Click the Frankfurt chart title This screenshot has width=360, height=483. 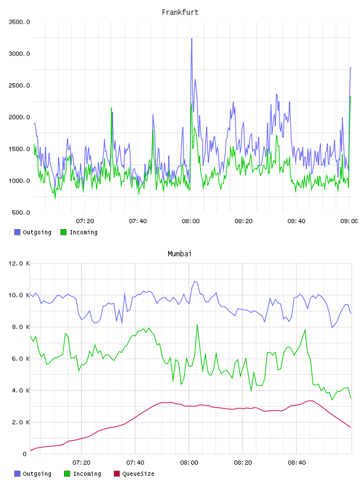tap(180, 12)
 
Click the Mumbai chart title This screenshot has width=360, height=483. tap(179, 254)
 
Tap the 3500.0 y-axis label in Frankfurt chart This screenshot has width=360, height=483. tap(19, 22)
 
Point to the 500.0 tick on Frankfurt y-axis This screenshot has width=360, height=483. tap(21, 212)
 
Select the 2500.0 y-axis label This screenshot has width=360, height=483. tap(19, 85)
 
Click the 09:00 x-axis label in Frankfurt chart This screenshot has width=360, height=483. tap(349, 221)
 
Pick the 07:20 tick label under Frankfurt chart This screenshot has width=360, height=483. tap(85, 221)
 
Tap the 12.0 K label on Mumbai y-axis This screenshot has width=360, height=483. tap(19, 263)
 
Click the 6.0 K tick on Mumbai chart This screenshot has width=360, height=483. tap(21, 359)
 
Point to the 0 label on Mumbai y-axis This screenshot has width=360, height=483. tap(24, 454)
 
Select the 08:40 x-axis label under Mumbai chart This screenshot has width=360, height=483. tap(297, 463)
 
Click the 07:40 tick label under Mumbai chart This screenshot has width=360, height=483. tap(135, 463)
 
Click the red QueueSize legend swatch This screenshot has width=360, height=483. tap(117, 474)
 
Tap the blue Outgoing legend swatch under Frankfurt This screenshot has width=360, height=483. tap(17, 232)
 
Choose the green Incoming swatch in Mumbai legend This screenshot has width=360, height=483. tap(67, 474)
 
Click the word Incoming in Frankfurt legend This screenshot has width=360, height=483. tap(83, 232)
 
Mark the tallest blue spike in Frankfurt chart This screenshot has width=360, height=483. tap(192, 39)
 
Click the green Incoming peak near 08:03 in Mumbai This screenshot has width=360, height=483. tap(197, 325)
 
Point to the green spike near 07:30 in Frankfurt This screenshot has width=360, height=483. tap(111, 108)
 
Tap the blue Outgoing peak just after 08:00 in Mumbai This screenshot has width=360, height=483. tap(195, 282)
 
